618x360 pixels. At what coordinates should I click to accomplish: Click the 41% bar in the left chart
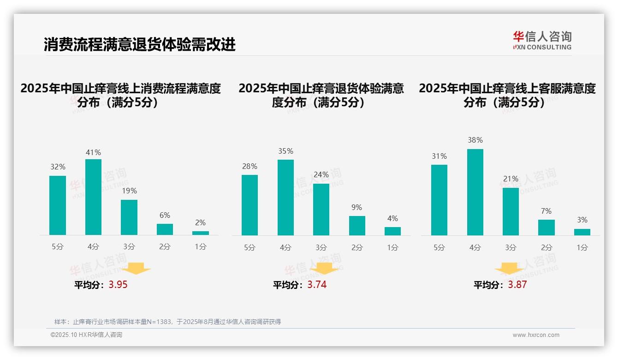coord(93,197)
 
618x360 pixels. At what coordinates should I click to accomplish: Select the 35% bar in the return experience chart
coord(285,198)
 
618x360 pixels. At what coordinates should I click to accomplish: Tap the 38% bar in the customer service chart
coord(475,192)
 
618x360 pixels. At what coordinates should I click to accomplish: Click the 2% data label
coord(200,222)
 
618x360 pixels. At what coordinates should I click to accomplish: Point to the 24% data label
coord(321,174)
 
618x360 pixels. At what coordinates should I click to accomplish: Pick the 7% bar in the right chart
coord(547,228)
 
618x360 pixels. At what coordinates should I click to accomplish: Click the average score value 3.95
coord(118,285)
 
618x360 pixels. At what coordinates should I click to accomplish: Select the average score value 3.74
coord(317,285)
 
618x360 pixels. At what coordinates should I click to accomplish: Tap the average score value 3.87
coord(517,285)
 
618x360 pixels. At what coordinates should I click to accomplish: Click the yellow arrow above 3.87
coord(509,268)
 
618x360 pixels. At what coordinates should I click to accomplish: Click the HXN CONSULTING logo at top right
coord(542,41)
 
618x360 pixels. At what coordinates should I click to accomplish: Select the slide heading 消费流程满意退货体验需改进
coord(139,44)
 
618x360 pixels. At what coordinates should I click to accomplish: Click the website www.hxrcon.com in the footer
coord(535,335)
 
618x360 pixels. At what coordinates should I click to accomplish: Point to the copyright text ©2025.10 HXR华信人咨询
coord(86,335)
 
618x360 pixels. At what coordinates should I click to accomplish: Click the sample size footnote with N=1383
coord(167,322)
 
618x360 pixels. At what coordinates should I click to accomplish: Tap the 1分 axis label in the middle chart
coord(392,247)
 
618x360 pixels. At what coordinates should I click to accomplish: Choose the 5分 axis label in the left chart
coord(58,246)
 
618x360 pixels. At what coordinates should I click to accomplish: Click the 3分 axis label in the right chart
coord(511,247)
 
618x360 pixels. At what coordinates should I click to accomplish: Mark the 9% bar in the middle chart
coord(357,226)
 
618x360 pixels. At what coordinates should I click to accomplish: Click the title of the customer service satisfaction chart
coord(507,95)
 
